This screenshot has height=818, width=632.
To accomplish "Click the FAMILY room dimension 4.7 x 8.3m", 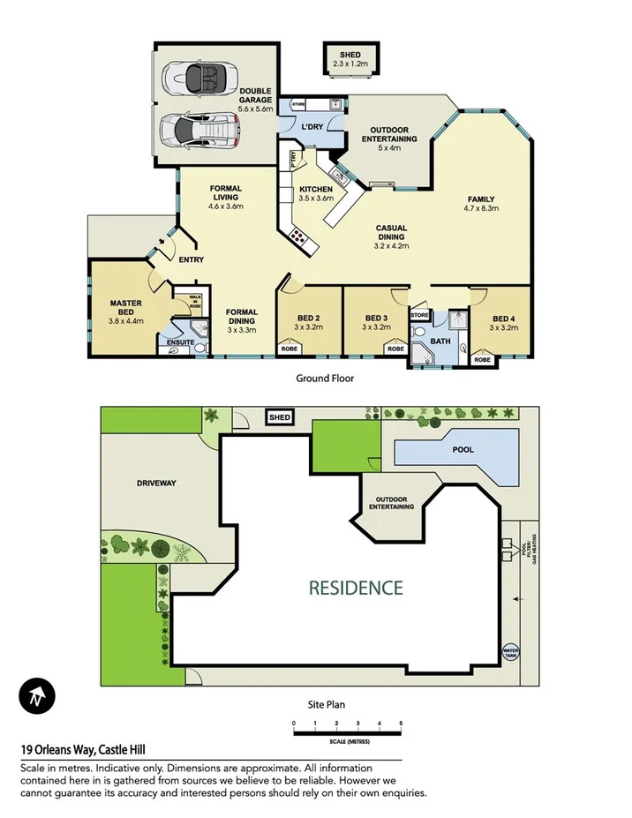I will pyautogui.click(x=482, y=208).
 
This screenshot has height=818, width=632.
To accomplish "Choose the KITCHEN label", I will pyautogui.click(x=315, y=190).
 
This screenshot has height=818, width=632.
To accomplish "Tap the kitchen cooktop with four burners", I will pyautogui.click(x=298, y=236).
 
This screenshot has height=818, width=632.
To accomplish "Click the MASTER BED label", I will pyautogui.click(x=126, y=307).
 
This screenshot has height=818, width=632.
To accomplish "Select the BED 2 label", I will pyautogui.click(x=308, y=318).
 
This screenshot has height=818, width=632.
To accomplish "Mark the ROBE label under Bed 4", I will pyautogui.click(x=482, y=360).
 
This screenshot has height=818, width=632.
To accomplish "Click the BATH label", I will pyautogui.click(x=440, y=339).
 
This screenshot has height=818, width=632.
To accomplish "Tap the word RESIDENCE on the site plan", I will pyautogui.click(x=356, y=587).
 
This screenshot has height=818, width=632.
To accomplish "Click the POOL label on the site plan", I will pyautogui.click(x=463, y=449).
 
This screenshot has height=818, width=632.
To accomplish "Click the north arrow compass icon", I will pyautogui.click(x=37, y=697).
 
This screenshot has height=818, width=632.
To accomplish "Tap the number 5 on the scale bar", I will pyautogui.click(x=401, y=723).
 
